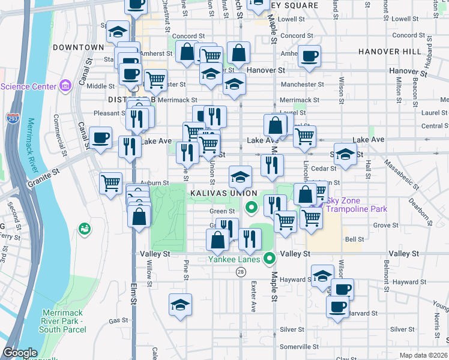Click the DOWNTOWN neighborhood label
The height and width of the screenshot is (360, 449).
click(78, 47)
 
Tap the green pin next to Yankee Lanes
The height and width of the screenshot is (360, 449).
click(270, 259)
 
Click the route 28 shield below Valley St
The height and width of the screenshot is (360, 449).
click(241, 272)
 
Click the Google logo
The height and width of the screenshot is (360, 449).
click(20, 353)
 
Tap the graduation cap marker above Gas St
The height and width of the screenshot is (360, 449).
click(180, 305)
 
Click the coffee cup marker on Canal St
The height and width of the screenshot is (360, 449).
click(100, 137)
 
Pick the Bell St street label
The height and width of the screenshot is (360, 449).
click(354, 239)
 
